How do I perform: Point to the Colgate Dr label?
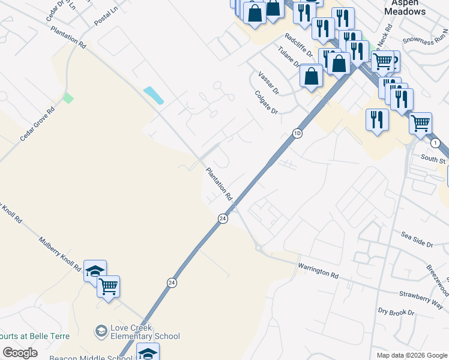[267, 102]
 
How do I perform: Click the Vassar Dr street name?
[268, 82]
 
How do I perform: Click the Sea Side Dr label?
[417, 241]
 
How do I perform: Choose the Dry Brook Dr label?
[396, 313]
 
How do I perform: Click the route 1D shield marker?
[297, 133]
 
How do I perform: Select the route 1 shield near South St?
[435, 143]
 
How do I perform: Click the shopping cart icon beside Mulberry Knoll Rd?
[109, 286]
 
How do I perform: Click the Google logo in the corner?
[20, 353]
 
